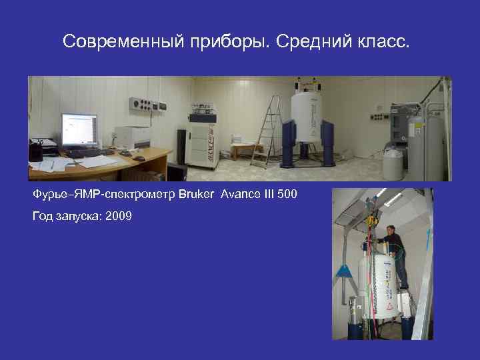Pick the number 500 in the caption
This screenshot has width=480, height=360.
click(x=285, y=195)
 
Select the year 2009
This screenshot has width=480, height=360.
click(x=118, y=216)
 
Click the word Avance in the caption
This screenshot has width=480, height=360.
click(x=227, y=195)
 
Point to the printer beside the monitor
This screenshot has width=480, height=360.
click(x=134, y=137)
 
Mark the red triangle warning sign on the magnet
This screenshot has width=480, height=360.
click(x=389, y=305)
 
